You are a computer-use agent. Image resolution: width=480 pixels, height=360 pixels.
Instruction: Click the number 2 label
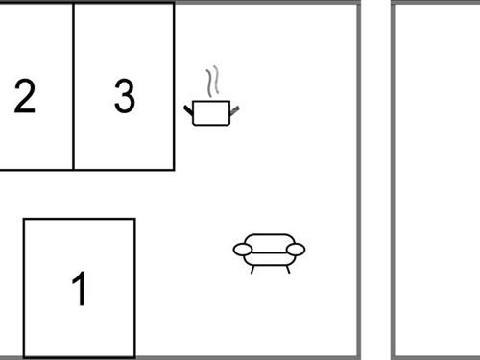[x=25, y=96]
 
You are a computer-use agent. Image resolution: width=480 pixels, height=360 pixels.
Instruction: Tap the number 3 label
[x=125, y=96]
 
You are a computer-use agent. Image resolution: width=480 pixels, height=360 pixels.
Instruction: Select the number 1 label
[x=80, y=289]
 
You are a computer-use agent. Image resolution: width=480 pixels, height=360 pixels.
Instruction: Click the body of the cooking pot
[x=211, y=113]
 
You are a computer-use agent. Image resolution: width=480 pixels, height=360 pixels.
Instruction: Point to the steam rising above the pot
[x=212, y=82]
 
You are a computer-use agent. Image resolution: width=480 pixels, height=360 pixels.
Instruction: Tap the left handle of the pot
[x=188, y=110]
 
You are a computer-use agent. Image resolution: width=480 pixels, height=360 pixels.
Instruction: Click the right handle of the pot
[x=234, y=110]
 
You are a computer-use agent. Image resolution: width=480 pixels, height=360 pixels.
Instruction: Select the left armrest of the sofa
[x=243, y=250]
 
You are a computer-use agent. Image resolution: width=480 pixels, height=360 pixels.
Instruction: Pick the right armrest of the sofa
[x=296, y=250]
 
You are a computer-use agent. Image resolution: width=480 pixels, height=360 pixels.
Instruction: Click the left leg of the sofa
[x=252, y=270]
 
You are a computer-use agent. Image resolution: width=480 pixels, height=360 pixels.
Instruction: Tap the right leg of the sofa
[x=288, y=270]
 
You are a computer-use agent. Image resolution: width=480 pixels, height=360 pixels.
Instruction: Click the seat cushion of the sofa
[x=270, y=259]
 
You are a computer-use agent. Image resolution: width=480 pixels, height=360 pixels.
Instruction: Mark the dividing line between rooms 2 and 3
[x=74, y=86]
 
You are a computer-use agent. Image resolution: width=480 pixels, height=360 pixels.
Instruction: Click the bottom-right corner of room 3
[x=174, y=170]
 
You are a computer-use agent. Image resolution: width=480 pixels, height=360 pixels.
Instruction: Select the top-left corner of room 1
[x=24, y=220]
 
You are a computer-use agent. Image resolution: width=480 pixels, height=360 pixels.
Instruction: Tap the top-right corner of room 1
[x=134, y=220]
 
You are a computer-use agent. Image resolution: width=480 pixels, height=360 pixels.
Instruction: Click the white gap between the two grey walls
[x=376, y=180]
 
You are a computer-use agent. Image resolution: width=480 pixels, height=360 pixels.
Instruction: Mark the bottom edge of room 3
[x=124, y=170]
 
